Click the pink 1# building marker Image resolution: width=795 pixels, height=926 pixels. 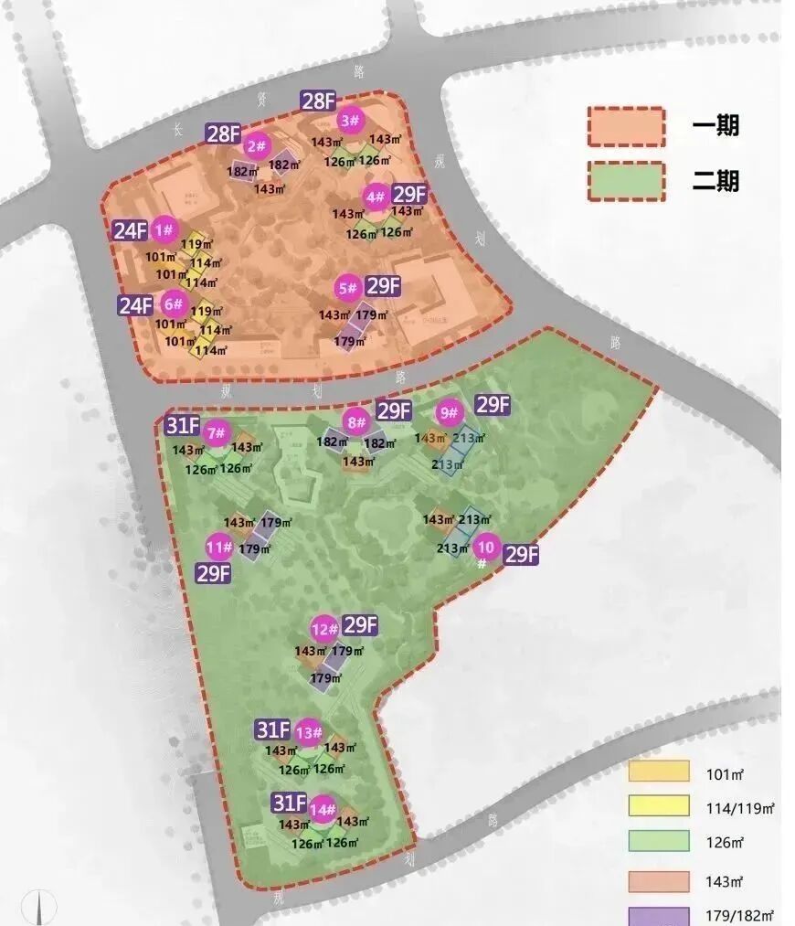tap(164, 229)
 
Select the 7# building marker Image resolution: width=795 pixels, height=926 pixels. tap(217, 433)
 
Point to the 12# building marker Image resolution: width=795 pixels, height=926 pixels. tap(323, 629)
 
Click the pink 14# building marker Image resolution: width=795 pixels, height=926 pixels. tap(323, 809)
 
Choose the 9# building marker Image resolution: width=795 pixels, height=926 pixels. tap(449, 413)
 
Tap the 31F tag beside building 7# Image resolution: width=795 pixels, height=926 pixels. tap(183, 426)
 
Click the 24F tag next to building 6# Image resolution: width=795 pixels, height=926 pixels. tap(135, 305)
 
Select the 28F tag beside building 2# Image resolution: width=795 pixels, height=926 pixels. tap(223, 134)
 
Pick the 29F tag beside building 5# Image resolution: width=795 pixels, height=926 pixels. tap(383, 285)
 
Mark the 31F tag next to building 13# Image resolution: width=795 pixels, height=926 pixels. tap(273, 729)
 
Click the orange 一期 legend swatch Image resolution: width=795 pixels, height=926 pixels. tap(626, 127)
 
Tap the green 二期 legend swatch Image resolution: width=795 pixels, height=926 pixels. tap(626, 181)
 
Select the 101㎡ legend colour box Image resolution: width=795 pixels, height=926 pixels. tap(658, 772)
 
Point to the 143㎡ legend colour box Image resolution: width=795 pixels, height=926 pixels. tap(658, 881)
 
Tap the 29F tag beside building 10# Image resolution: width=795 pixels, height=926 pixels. tap(521, 555)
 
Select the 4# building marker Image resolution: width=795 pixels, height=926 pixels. tap(376, 197)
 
